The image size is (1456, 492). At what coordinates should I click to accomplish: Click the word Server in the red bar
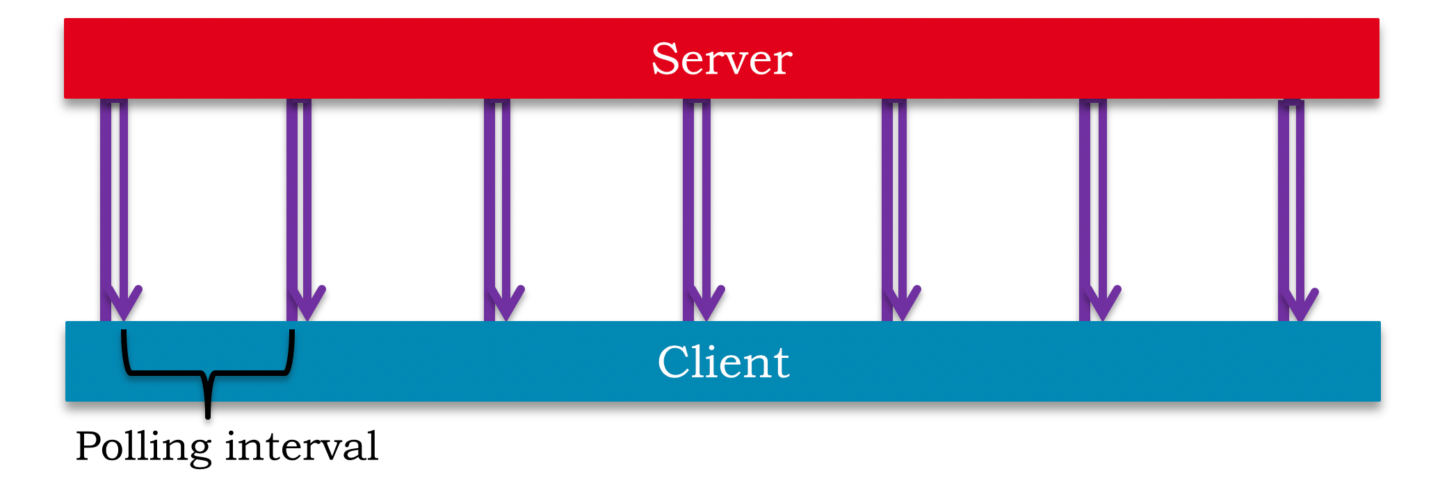click(x=722, y=59)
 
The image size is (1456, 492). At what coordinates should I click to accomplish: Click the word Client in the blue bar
click(x=723, y=362)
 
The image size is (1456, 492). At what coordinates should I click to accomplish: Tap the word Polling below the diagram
click(x=143, y=448)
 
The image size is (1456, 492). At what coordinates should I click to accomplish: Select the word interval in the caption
click(x=302, y=446)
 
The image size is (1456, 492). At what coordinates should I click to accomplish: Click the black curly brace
click(x=208, y=374)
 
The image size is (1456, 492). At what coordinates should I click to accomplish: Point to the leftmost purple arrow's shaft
click(x=114, y=208)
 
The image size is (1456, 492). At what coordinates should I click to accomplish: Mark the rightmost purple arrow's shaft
click(x=1291, y=208)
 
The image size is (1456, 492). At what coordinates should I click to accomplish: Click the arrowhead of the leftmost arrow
click(x=123, y=303)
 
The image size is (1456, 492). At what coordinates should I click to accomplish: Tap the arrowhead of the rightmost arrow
click(x=1299, y=304)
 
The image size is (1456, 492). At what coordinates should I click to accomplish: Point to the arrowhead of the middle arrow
click(x=705, y=303)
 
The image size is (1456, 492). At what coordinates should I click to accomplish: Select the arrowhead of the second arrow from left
click(x=307, y=303)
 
